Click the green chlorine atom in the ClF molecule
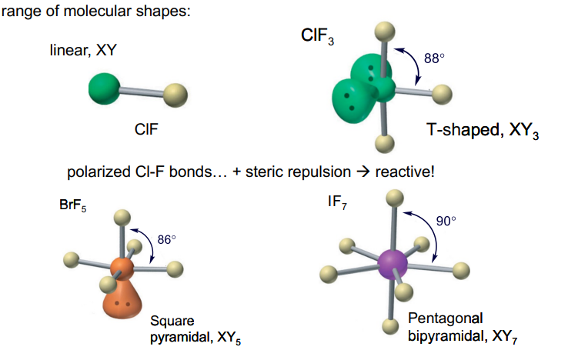(104, 86)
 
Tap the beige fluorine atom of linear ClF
(175, 97)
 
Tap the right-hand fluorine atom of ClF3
(441, 95)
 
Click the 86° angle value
(167, 239)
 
